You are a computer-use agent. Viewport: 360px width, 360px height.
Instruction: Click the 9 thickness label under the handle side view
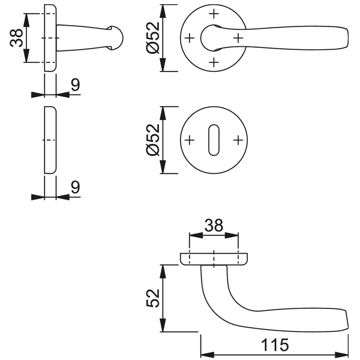75,85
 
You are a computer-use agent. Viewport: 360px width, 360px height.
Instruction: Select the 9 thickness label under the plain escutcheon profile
75,187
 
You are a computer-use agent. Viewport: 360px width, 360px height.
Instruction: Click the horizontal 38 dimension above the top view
214,226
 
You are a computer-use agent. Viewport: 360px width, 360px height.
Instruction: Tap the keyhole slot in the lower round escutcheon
214,140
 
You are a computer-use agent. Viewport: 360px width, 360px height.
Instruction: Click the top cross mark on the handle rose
214,13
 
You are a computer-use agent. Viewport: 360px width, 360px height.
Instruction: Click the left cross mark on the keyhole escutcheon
190,140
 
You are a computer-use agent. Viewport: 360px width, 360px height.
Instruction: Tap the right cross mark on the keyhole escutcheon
239,140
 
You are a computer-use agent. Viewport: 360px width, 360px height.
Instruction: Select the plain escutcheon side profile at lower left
50,140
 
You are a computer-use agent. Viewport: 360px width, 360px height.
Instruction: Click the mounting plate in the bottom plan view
214,259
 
